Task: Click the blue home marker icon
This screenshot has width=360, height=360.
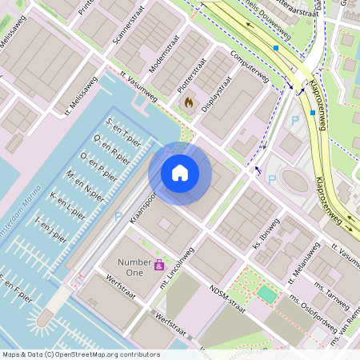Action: click(180, 173)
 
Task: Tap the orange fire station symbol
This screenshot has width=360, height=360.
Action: click(189, 102)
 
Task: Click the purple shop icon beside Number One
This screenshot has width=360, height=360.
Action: click(159, 264)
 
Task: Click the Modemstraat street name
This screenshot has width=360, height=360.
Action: click(163, 56)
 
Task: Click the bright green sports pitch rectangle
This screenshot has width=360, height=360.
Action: click(266, 295)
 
